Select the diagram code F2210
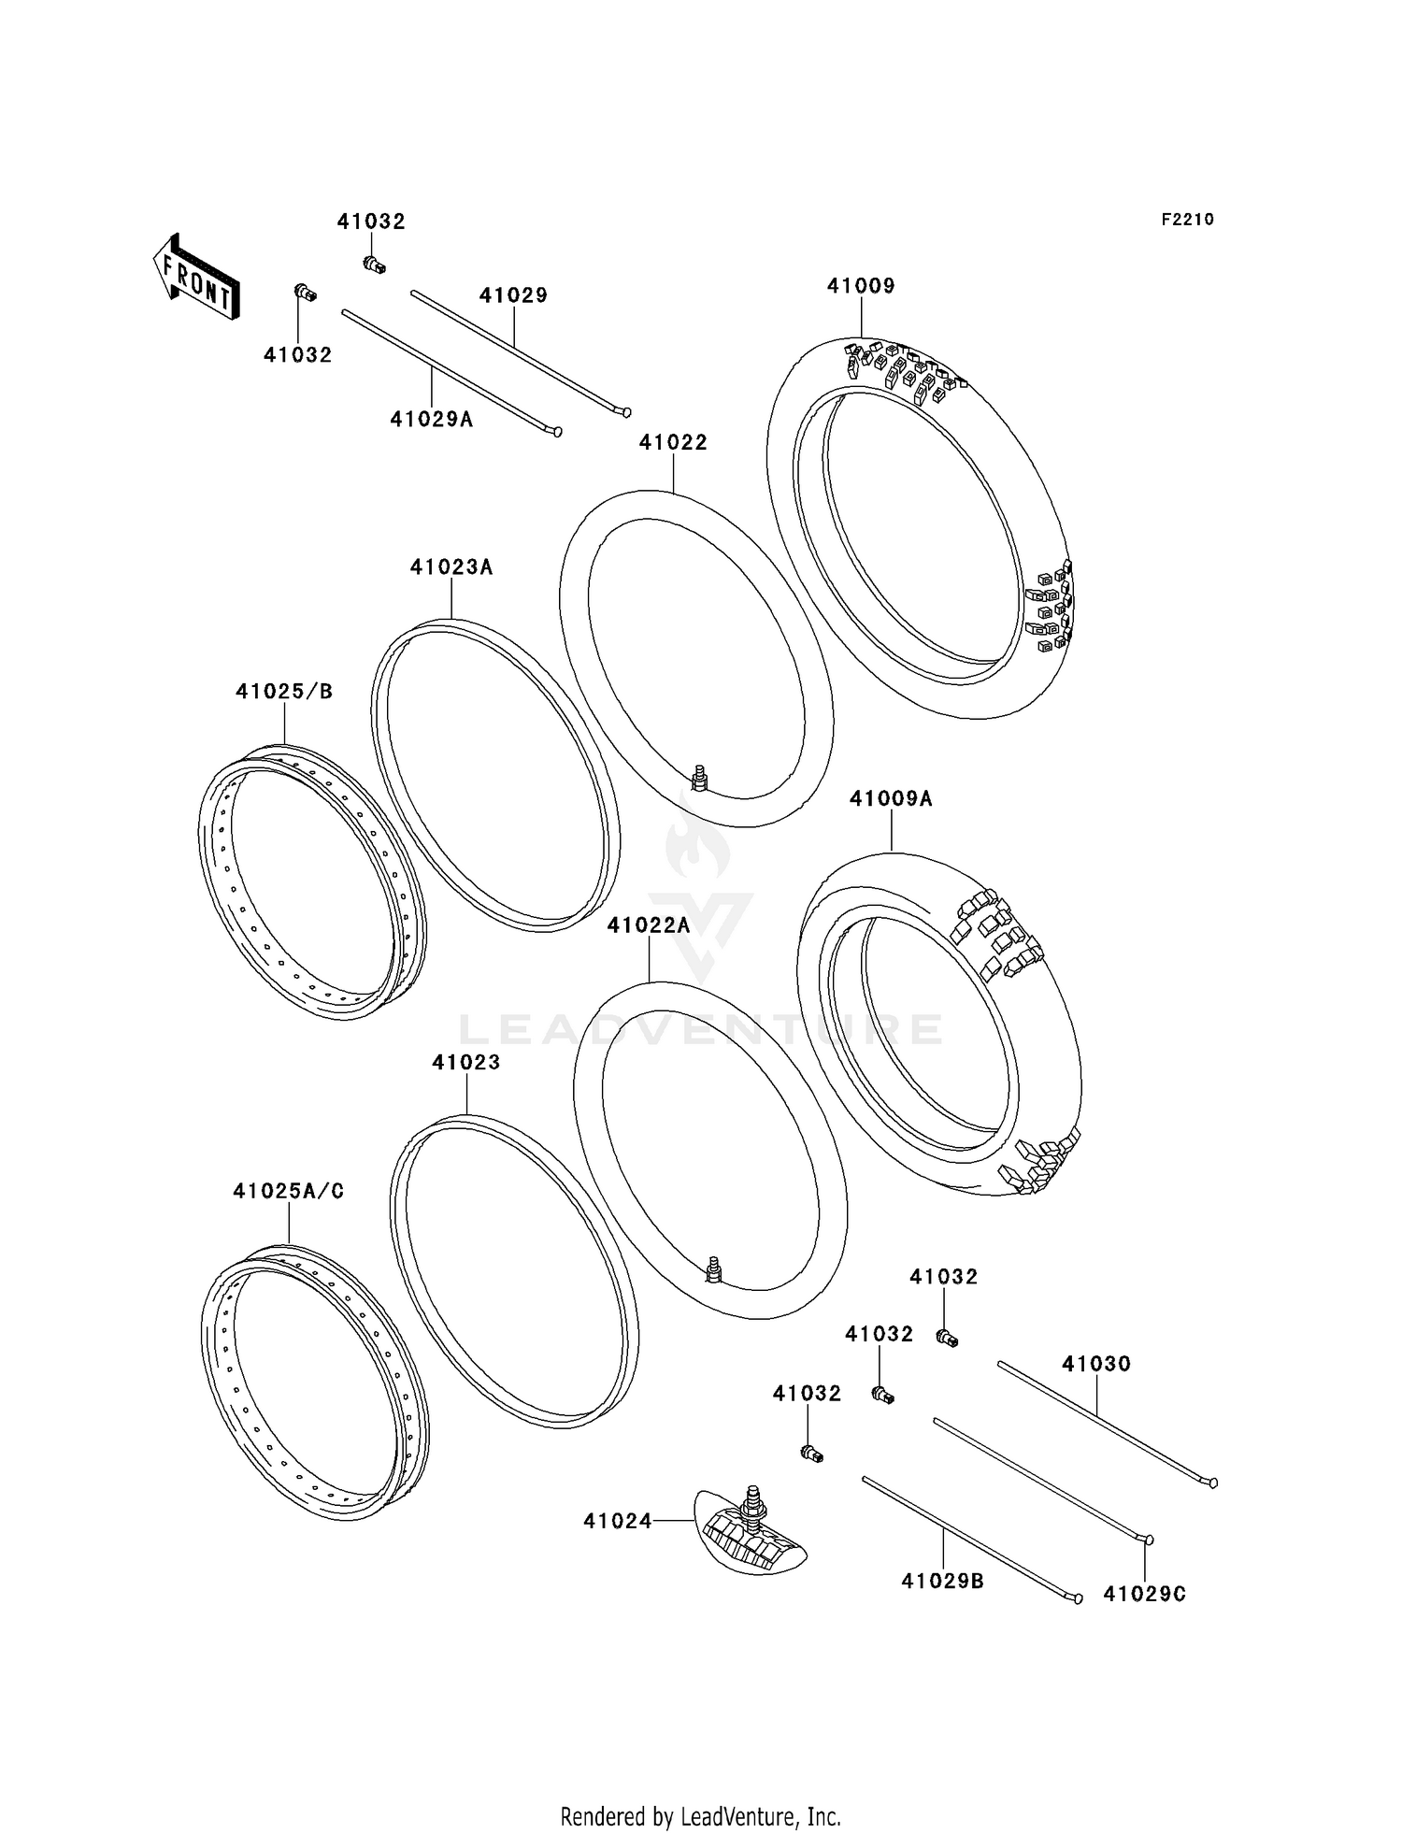click(x=1187, y=220)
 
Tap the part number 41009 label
click(x=860, y=286)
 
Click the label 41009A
click(x=891, y=799)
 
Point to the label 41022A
click(x=648, y=925)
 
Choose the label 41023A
click(x=451, y=567)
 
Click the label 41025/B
click(x=284, y=692)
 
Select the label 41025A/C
click(x=288, y=1191)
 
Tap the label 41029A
click(x=431, y=420)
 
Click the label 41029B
click(x=942, y=1581)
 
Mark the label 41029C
click(x=1144, y=1594)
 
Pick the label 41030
click(x=1095, y=1364)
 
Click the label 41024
click(x=617, y=1521)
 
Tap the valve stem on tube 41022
click(x=698, y=776)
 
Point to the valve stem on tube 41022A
click(x=715, y=1268)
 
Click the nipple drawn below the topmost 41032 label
click(x=374, y=265)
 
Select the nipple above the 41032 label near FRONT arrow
click(x=305, y=294)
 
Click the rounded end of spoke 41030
click(x=1212, y=1483)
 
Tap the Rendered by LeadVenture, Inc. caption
click(x=700, y=1816)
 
